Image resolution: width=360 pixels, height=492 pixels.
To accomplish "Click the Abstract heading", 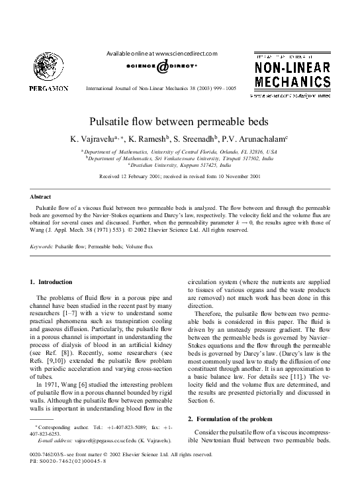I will [x=42, y=197].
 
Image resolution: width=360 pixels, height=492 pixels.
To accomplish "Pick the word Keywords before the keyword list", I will [x=42, y=245].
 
